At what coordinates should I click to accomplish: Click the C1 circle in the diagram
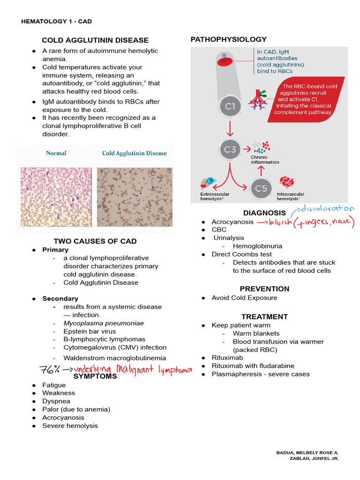click(230, 106)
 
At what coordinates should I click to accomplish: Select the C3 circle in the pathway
click(230, 150)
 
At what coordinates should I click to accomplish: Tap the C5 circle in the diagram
click(261, 188)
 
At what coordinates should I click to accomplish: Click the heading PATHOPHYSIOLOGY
click(228, 39)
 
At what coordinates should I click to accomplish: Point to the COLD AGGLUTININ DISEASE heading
click(95, 40)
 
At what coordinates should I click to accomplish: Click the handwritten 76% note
click(49, 370)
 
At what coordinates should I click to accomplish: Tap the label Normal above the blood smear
click(56, 153)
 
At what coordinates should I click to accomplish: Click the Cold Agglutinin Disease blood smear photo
click(135, 190)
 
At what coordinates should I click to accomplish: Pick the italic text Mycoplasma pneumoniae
click(104, 323)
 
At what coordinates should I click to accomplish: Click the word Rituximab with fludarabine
click(253, 366)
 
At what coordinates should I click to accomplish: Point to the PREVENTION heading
click(264, 289)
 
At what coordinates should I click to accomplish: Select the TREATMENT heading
click(264, 317)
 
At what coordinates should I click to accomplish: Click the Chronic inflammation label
click(265, 160)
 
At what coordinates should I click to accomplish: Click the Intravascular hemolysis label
click(291, 196)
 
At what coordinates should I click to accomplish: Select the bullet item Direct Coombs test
click(241, 254)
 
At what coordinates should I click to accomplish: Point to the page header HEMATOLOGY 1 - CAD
click(60, 22)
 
